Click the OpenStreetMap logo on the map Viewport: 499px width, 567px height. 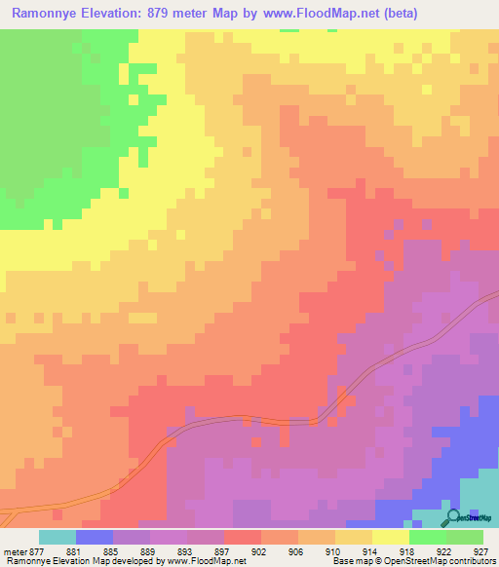click(x=465, y=519)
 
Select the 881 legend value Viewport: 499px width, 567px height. click(x=95, y=551)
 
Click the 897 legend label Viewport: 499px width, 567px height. click(x=206, y=551)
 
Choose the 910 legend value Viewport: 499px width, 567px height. click(x=317, y=551)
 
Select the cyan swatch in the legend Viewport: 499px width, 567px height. click(x=58, y=537)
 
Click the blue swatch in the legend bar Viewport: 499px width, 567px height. click(x=95, y=537)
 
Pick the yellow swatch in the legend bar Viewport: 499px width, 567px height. click(x=391, y=537)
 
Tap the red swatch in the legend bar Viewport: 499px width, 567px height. click(x=243, y=537)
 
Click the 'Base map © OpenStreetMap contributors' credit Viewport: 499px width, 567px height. click(x=413, y=562)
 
